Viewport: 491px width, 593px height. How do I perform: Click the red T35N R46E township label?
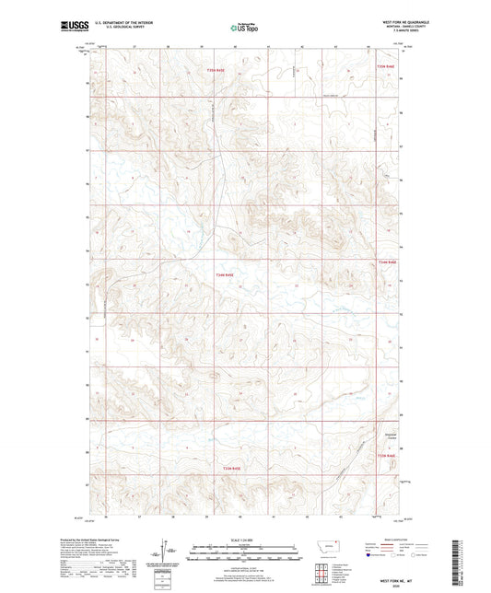385,67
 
